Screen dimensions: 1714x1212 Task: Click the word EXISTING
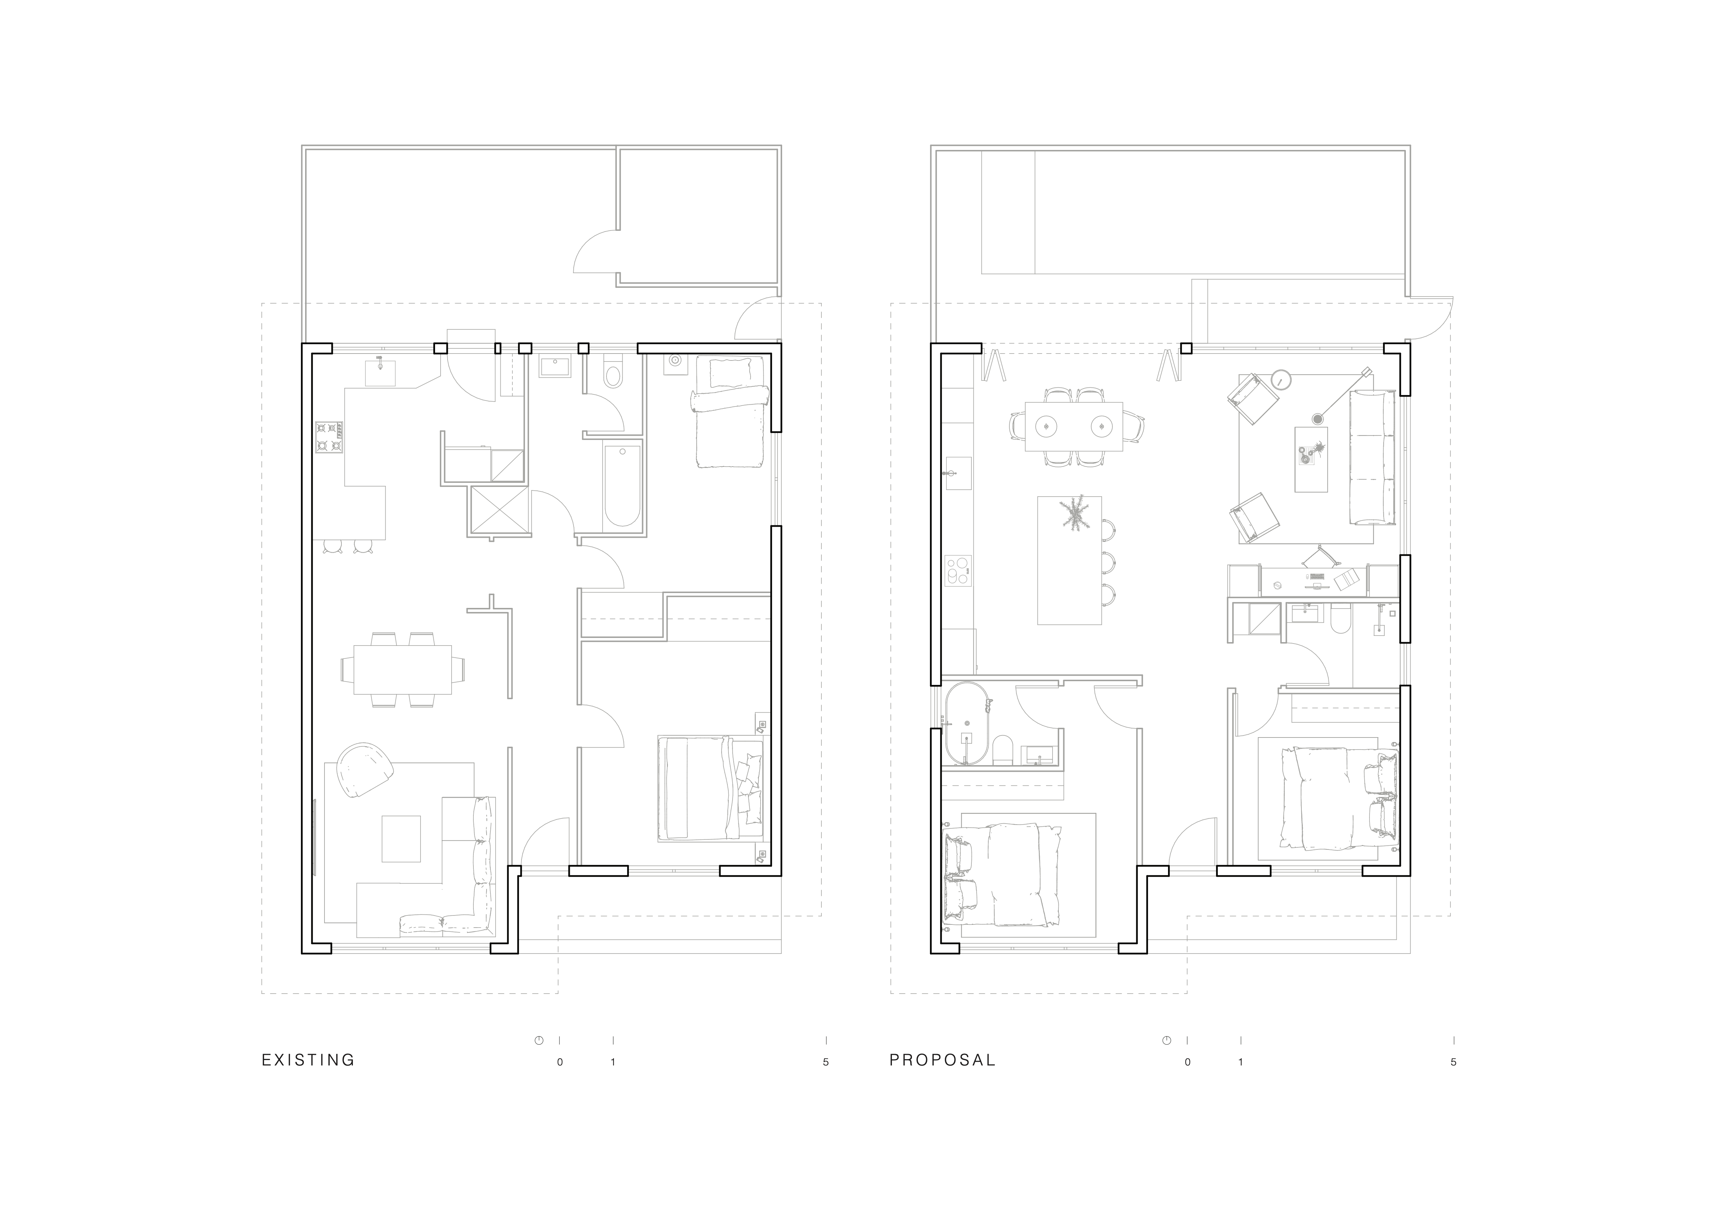[x=308, y=1060]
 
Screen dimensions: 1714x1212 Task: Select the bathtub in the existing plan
[x=621, y=486]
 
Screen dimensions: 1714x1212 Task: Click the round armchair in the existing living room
[x=364, y=770]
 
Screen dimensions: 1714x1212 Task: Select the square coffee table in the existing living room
[x=402, y=839]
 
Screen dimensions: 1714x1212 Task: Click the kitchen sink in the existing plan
[x=380, y=372]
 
